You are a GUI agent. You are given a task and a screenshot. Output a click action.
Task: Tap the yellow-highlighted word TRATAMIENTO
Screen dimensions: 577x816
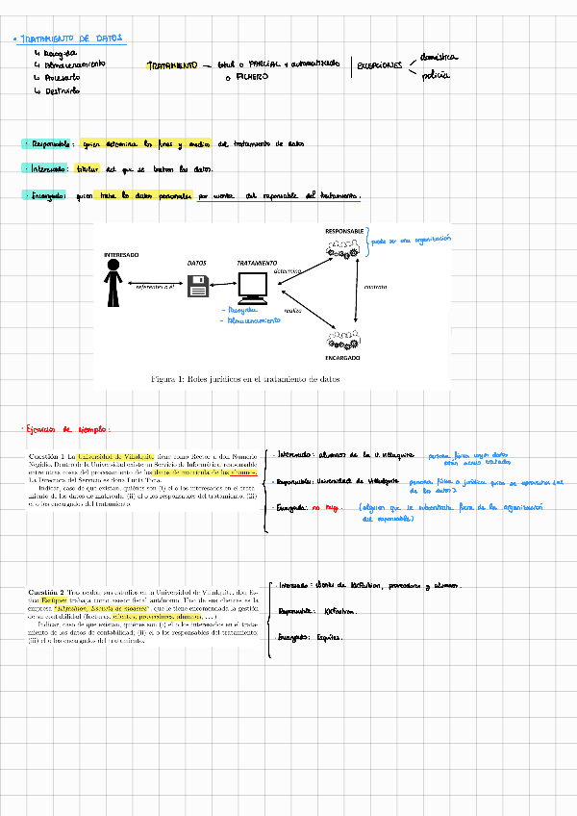(x=172, y=65)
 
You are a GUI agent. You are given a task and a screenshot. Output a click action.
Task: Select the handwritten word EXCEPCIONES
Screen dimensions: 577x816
(x=380, y=65)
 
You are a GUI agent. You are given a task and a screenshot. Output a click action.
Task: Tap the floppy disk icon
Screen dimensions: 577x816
(x=199, y=286)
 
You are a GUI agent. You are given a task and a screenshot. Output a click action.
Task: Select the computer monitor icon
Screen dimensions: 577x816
(x=253, y=288)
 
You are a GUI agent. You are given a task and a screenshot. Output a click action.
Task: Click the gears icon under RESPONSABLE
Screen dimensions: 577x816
(x=343, y=248)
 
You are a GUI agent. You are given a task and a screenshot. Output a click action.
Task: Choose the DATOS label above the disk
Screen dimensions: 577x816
(x=196, y=263)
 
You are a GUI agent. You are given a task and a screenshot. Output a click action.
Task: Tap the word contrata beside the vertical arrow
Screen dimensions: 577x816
(x=375, y=286)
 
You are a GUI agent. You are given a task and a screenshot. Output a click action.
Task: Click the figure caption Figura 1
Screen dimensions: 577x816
(x=246, y=379)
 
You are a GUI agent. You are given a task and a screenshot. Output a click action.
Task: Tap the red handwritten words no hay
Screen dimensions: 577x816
(x=337, y=505)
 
